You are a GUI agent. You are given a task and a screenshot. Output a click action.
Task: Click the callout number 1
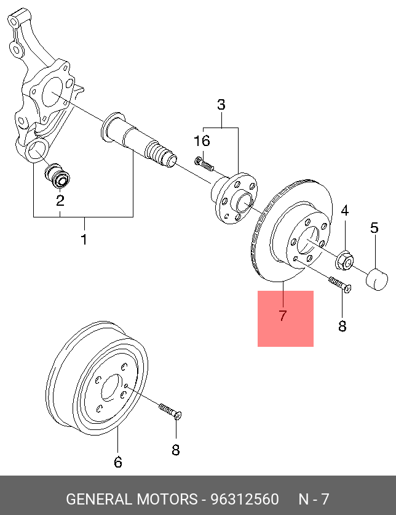84,240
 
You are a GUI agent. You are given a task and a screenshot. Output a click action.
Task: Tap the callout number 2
60,201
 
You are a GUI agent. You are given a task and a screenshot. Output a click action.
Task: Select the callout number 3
221,105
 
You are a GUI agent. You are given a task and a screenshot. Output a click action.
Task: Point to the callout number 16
202,141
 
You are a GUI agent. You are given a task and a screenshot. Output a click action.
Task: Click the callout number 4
345,211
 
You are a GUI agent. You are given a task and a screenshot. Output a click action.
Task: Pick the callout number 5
374,227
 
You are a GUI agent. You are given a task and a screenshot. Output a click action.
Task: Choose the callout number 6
118,462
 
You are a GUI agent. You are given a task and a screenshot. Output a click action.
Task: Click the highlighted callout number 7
283,315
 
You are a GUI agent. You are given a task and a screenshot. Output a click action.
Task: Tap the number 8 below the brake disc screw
343,326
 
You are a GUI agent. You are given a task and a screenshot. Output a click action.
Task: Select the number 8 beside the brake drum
176,450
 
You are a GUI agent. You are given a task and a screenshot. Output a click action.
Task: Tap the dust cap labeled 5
377,280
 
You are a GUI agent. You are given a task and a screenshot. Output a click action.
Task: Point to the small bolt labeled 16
204,164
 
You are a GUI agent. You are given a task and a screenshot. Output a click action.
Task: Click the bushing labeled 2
57,176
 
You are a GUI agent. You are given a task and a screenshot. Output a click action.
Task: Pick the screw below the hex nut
340,285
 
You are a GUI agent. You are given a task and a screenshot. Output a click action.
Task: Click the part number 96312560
245,499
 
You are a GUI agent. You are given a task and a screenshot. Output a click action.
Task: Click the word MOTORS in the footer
167,499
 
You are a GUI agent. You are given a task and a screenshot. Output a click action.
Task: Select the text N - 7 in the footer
314,499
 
